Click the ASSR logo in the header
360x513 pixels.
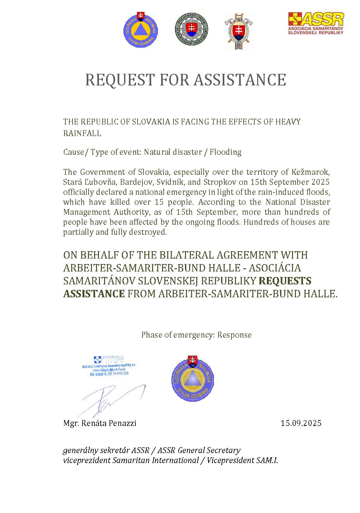(316, 24)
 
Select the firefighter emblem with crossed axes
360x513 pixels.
(238, 31)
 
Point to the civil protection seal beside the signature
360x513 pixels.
(193, 379)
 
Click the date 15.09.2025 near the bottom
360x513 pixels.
(301, 423)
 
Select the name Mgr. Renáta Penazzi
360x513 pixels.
(100, 423)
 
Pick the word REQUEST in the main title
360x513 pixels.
(120, 80)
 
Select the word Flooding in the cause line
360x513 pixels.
(225, 152)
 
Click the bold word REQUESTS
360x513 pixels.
(285, 281)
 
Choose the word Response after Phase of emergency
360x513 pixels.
(234, 335)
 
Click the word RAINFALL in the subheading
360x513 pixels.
(82, 133)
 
